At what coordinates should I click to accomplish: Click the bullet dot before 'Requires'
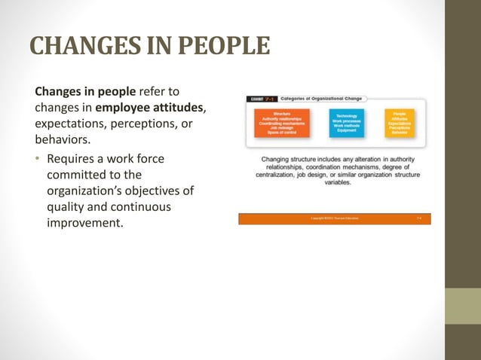pyautogui.click(x=38, y=160)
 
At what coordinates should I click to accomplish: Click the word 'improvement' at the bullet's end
pyautogui.click(x=84, y=224)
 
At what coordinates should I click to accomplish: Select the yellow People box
pyautogui.click(x=399, y=123)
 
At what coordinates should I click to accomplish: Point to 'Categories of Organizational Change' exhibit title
pyautogui.click(x=321, y=99)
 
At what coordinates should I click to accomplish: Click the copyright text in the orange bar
pyautogui.click(x=335, y=218)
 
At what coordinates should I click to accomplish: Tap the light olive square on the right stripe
pyautogui.click(x=463, y=307)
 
